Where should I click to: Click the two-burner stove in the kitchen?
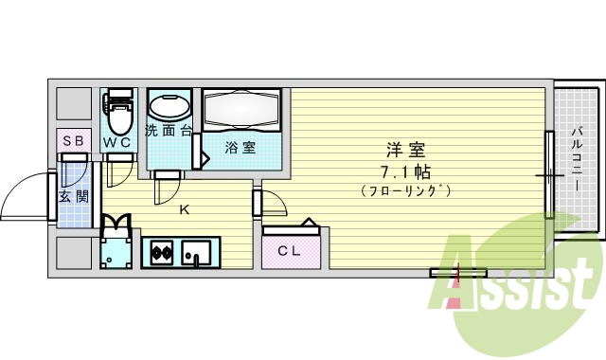coord(159,253)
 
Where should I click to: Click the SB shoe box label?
coord(73,141)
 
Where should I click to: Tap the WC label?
coord(117,142)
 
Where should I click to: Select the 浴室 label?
coord(240,147)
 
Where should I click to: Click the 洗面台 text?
coord(168,131)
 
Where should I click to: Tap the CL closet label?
coord(289,250)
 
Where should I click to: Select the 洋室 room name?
coord(404,149)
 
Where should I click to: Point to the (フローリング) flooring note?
coord(405,191)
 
